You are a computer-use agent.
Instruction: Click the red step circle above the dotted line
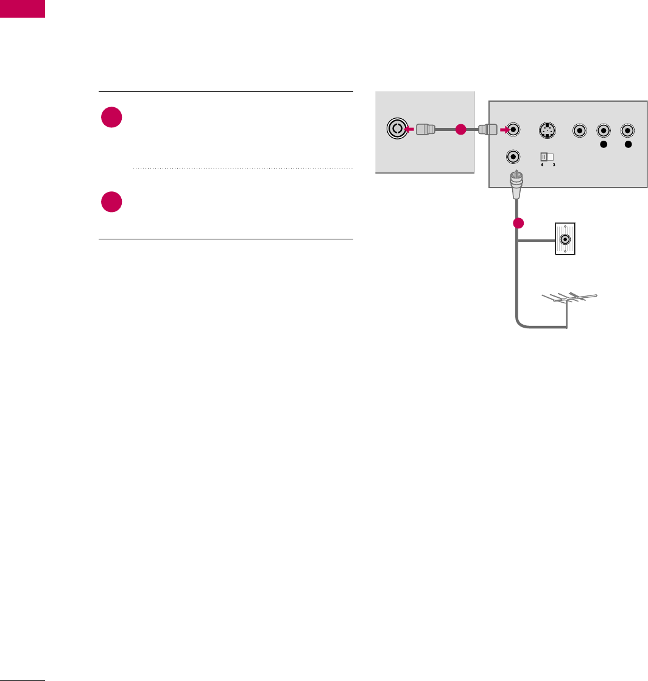pos(113,118)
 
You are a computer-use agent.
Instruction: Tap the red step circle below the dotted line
pos(113,202)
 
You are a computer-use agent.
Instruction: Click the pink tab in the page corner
pos(23,9)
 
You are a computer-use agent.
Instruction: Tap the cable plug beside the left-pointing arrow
pos(426,129)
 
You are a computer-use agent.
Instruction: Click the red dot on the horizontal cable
pos(461,129)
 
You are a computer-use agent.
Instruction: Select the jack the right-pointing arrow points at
pos(515,129)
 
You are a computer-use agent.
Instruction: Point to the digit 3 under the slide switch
pos(554,166)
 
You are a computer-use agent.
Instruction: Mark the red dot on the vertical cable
pos(518,223)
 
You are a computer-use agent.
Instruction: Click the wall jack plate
pos(566,239)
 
